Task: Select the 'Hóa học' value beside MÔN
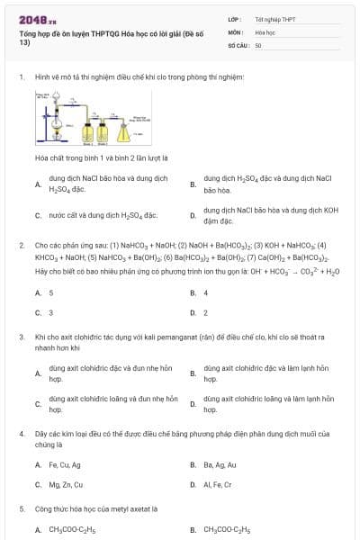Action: tap(264, 31)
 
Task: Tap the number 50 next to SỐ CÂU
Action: tap(258, 44)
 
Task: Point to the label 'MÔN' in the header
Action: tap(235, 31)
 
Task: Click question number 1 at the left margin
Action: tap(21, 77)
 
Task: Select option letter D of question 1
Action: tap(193, 215)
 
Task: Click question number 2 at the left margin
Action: tap(21, 245)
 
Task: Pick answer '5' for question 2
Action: tap(50, 292)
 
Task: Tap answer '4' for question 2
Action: tap(206, 292)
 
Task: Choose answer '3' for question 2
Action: tap(50, 312)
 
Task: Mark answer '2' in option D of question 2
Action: tap(206, 312)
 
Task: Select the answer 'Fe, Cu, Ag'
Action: tap(65, 464)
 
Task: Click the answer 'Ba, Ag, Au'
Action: tap(220, 464)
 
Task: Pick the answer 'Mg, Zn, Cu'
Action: tap(65, 484)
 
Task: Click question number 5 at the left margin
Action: tap(21, 508)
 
